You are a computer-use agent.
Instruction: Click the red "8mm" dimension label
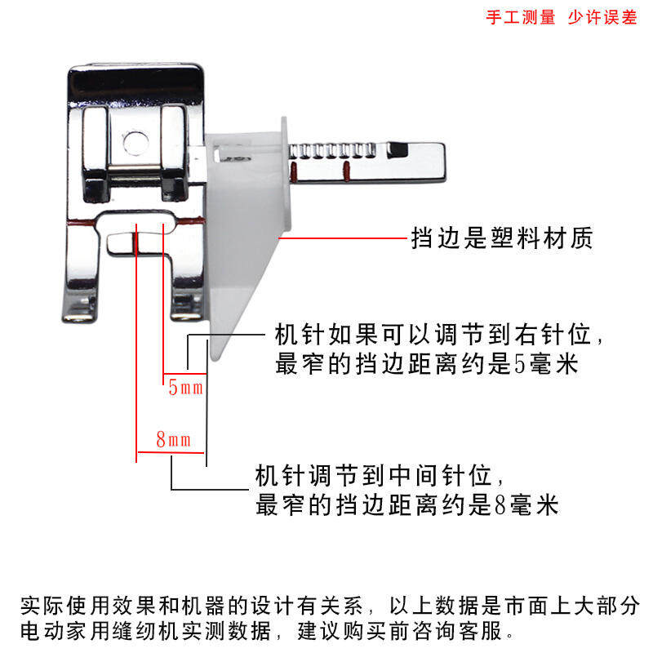(x=173, y=441)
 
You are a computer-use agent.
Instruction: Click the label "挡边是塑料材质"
(x=501, y=239)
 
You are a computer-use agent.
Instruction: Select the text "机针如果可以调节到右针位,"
(x=441, y=335)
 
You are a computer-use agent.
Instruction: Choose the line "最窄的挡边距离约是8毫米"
(x=407, y=504)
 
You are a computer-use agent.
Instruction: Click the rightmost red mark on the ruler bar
(x=346, y=170)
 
